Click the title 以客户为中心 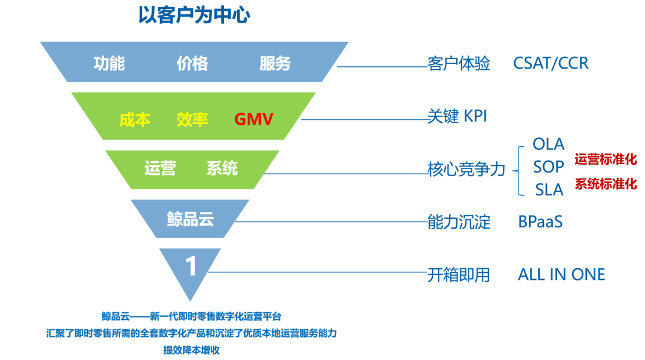tap(194, 15)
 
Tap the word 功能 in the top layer tap(109, 63)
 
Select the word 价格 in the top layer tap(192, 63)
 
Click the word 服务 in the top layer tap(275, 63)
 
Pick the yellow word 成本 tap(134, 119)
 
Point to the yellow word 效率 tap(192, 119)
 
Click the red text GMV tap(254, 119)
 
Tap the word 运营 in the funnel tap(160, 168)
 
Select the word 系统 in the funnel tap(222, 168)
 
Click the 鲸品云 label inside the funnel tap(190, 219)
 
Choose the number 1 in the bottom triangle tap(191, 266)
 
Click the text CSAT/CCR tap(551, 64)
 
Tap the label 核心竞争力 tap(466, 170)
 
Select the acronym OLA tap(548, 144)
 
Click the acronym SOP tap(549, 167)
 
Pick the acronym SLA tap(549, 190)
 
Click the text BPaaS tap(540, 222)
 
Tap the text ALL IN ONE tap(561, 275)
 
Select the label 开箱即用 tap(459, 275)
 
